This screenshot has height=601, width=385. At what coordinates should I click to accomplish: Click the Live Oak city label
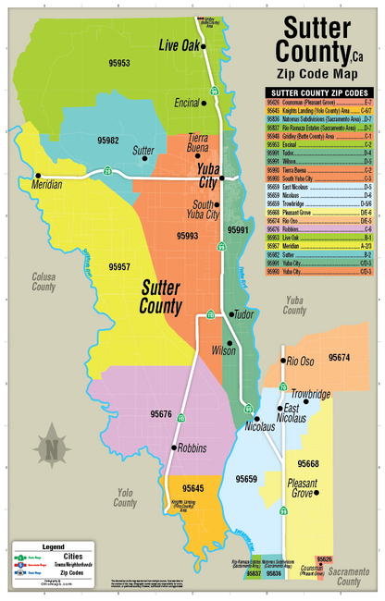click(180, 45)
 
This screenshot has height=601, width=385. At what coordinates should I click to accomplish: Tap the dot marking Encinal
click(205, 104)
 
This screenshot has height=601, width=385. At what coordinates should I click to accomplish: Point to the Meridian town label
click(43, 185)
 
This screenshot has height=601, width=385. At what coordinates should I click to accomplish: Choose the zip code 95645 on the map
click(193, 487)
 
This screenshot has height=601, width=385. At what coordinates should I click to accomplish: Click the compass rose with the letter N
click(53, 449)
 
